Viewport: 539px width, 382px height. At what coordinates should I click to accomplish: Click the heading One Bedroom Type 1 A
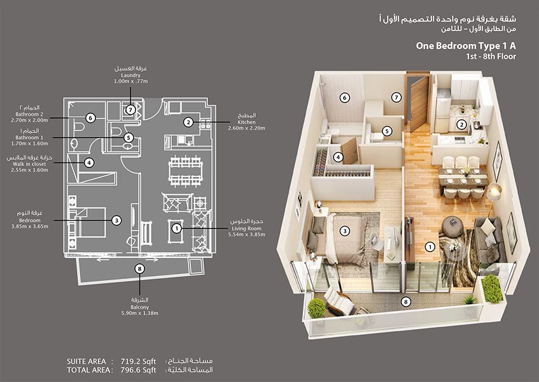pyautogui.click(x=465, y=45)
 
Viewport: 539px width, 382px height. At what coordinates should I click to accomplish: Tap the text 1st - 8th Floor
pyautogui.click(x=490, y=57)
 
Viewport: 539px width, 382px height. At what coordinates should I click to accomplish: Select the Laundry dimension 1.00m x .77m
pyautogui.click(x=130, y=81)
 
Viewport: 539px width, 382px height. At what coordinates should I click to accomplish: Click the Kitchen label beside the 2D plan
pyautogui.click(x=246, y=122)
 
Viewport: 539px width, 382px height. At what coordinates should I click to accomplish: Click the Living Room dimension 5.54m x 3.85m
pyautogui.click(x=248, y=234)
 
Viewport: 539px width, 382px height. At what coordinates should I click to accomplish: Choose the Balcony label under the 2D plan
pyautogui.click(x=139, y=306)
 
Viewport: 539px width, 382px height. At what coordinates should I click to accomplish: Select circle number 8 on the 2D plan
pyautogui.click(x=139, y=269)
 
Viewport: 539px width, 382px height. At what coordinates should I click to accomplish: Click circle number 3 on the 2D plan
pyautogui.click(x=116, y=220)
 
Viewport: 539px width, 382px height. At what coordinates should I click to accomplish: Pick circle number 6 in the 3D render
pyautogui.click(x=344, y=98)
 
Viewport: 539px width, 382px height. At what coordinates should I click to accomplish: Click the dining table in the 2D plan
pyautogui.click(x=178, y=170)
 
